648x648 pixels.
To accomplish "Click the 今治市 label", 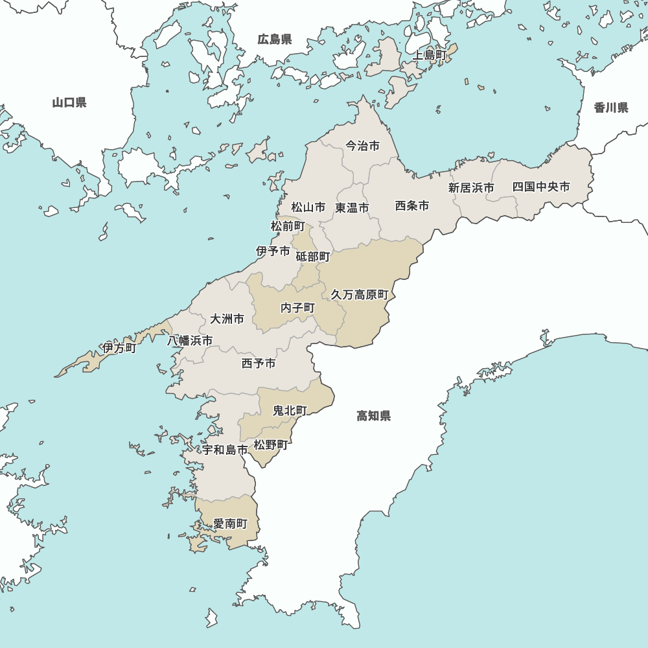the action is pos(362,146).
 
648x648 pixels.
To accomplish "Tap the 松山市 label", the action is pos(308,207).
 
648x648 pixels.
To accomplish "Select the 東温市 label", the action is pos(352,208).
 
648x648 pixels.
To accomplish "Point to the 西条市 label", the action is pos(412,206).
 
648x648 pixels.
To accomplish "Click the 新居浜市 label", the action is pos(471,188).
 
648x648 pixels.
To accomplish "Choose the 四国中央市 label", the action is pos(541,187).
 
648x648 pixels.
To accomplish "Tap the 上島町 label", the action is pos(430,55).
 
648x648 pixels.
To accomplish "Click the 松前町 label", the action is pos(288,226).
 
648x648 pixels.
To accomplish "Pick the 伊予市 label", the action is pos(273,251).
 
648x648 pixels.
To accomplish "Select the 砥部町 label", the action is pos(313,257).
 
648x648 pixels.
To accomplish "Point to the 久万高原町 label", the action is pos(360,294).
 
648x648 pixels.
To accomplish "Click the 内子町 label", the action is pos(297,308).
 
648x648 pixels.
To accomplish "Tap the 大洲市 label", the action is pos(227,319).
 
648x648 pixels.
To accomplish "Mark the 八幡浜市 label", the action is pos(190,340).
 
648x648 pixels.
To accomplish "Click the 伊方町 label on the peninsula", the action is pos(119,349).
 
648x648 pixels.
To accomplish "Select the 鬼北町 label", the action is pos(290,410).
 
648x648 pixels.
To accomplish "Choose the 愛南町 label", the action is pos(230,523).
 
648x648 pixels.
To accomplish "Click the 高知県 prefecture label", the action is pos(374,416).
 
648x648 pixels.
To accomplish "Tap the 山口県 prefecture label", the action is pos(69,102).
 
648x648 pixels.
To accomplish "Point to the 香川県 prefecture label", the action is pos(611,108).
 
